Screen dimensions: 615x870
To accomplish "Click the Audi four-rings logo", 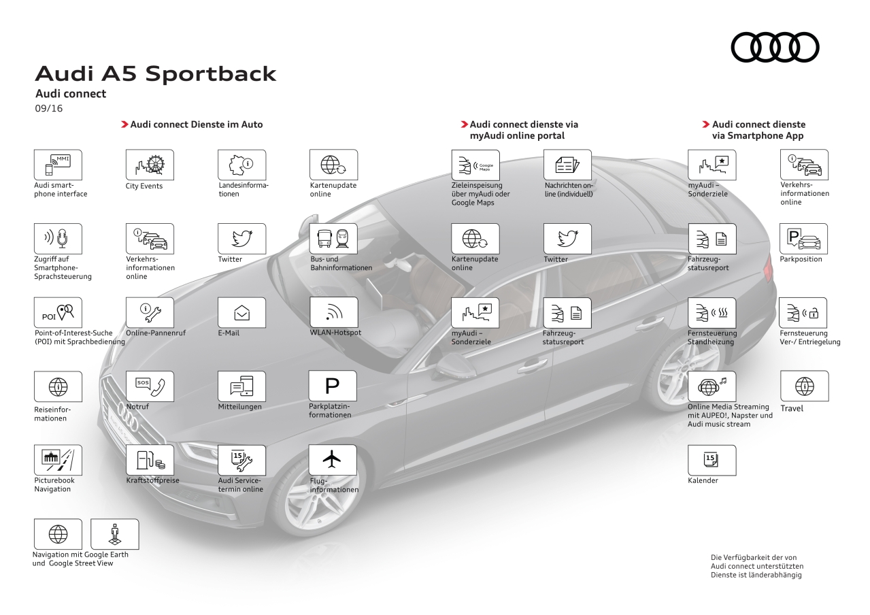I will click(x=775, y=47).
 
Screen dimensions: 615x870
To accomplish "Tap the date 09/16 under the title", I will click(x=48, y=108).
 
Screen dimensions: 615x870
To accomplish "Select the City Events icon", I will click(x=150, y=165).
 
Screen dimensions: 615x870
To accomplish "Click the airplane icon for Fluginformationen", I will click(x=333, y=460).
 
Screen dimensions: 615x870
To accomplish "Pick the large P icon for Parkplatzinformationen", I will click(x=333, y=386).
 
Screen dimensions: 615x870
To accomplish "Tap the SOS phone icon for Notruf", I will click(x=150, y=386).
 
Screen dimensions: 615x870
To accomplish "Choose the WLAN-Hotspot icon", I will click(x=333, y=312).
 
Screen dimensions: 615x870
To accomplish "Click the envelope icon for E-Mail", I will click(x=241, y=312).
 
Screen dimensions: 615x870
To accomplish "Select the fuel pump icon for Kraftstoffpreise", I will click(x=150, y=460).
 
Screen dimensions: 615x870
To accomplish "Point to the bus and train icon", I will click(x=333, y=239).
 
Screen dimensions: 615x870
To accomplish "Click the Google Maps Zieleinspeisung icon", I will click(x=475, y=165).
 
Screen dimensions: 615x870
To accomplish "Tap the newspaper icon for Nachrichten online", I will click(x=567, y=165).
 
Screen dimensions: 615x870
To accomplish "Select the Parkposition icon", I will click(x=803, y=239).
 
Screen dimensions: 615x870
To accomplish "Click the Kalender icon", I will click(x=712, y=460).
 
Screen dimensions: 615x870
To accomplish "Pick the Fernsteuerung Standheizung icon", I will click(x=712, y=312).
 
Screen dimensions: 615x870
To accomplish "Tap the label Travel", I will click(x=792, y=408).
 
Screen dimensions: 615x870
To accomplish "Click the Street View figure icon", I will click(x=114, y=534).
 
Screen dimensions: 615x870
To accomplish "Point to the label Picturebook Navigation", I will click(x=54, y=484).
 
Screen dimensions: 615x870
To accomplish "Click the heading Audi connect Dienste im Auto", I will click(x=196, y=124).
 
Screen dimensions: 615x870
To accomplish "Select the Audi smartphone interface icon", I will click(x=58, y=165).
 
